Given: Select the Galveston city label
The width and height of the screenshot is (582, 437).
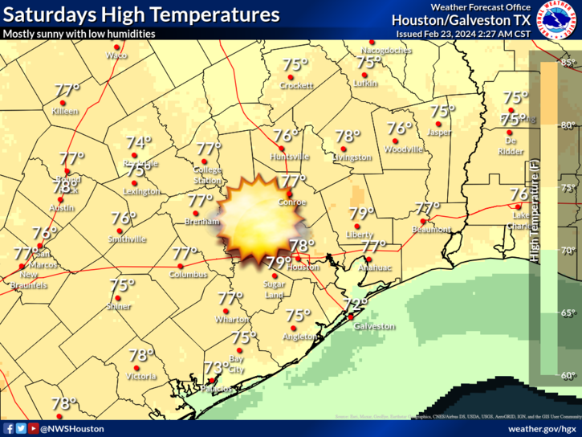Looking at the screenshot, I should (373, 327).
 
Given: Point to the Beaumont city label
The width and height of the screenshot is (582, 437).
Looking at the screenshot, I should (433, 230).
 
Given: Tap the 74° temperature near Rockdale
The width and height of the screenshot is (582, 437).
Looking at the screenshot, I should (139, 143).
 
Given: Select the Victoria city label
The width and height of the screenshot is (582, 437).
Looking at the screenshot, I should (141, 376).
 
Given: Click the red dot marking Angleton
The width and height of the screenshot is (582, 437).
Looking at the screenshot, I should (293, 329).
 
